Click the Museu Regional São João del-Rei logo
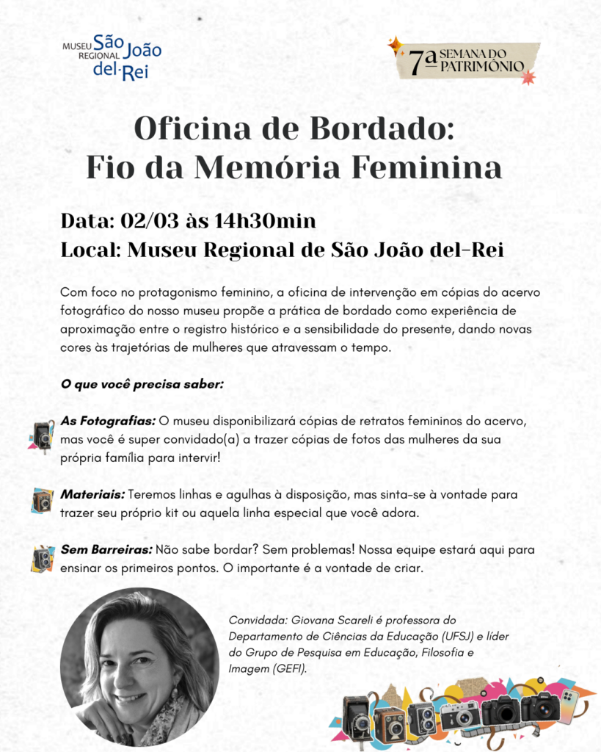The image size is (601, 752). pos(112,57)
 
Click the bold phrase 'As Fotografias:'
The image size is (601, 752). pos(108,421)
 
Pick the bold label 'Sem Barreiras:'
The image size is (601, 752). pos(106,550)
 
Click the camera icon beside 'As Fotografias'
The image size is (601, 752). pos(42,436)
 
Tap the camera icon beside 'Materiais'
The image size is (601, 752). pos(42,501)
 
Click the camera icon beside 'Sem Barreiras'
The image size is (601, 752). pos(42,558)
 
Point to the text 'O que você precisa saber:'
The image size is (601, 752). pos(142,385)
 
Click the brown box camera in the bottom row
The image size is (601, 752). pos(389,722)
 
